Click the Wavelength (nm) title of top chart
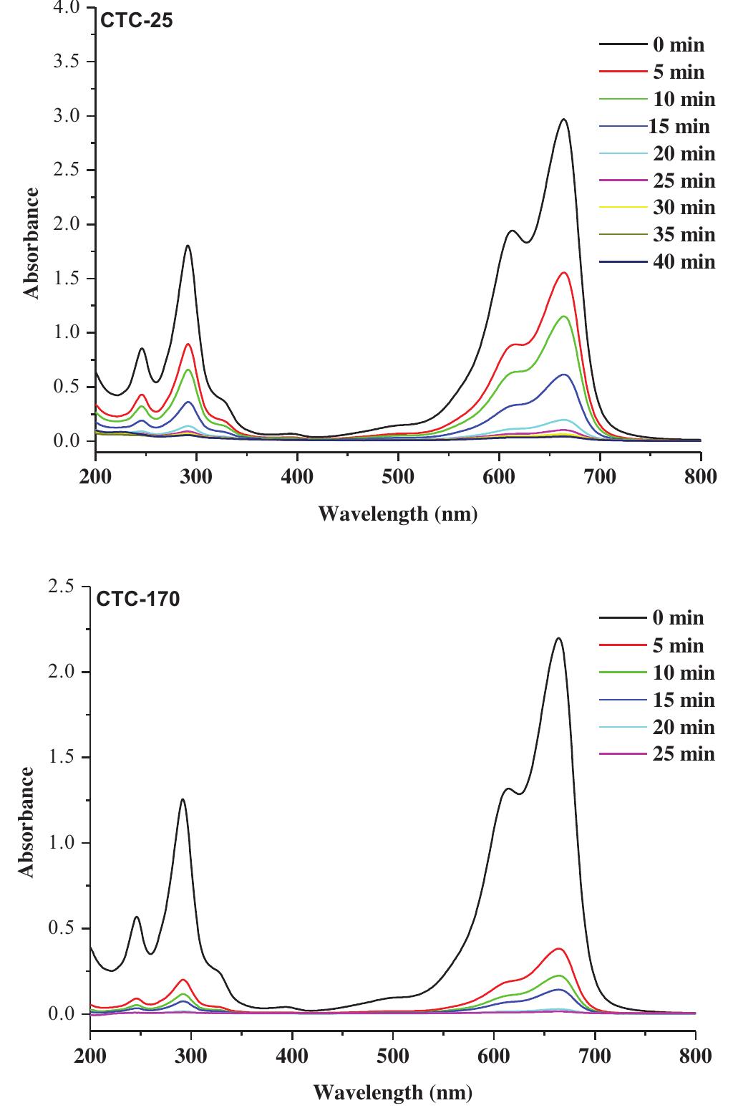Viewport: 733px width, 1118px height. (x=397, y=514)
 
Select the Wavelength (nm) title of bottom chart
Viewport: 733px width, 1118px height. (x=393, y=1093)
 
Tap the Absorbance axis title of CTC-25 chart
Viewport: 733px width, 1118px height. (x=31, y=243)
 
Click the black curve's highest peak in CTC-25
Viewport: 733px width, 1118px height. (x=564, y=120)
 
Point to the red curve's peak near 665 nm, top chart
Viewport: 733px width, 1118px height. (x=564, y=273)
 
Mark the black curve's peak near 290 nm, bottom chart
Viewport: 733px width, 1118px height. (x=183, y=799)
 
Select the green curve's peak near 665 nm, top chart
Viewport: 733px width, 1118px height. (x=564, y=317)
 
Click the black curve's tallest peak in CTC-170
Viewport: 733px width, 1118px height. (x=558, y=638)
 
